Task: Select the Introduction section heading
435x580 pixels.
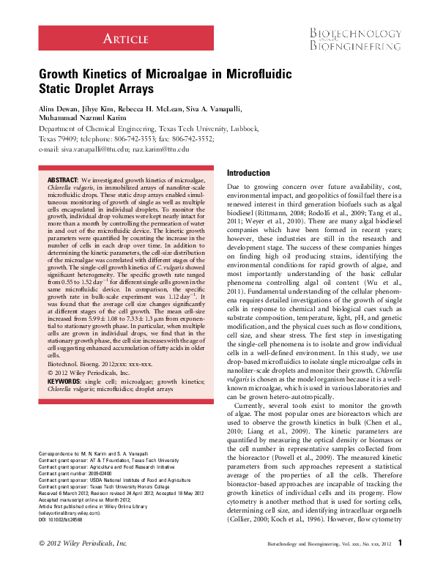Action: pyautogui.click(x=249, y=173)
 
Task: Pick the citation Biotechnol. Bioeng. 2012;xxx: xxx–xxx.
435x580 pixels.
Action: pyautogui.click(x=94, y=343)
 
